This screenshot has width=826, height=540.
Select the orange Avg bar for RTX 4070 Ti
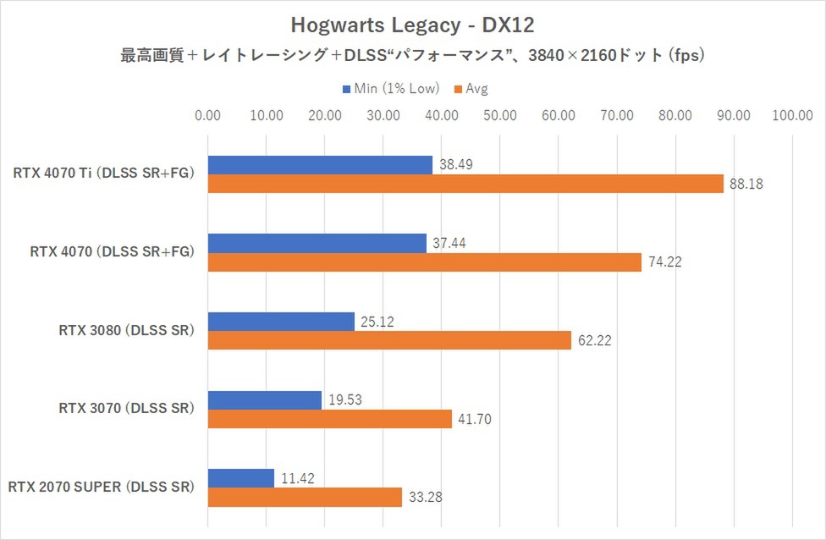pyautogui.click(x=465, y=184)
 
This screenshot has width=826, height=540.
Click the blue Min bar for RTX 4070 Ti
pyautogui.click(x=320, y=165)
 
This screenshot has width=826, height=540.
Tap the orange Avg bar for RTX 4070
pyautogui.click(x=424, y=262)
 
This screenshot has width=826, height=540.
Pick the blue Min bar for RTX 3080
pyautogui.click(x=281, y=322)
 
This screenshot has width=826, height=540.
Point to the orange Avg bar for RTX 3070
pyautogui.click(x=330, y=419)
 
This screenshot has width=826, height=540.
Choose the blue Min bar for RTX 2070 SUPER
pyautogui.click(x=241, y=478)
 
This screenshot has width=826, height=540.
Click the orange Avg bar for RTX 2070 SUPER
pyautogui.click(x=305, y=498)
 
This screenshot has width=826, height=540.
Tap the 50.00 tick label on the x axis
pyautogui.click(x=500, y=116)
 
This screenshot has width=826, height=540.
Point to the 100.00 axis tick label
pyautogui.click(x=792, y=116)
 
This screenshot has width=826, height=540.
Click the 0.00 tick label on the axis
pyautogui.click(x=208, y=116)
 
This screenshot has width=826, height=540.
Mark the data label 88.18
pyautogui.click(x=746, y=184)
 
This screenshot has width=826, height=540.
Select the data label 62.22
pyautogui.click(x=594, y=341)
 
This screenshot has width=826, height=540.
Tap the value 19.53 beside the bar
pyautogui.click(x=344, y=399)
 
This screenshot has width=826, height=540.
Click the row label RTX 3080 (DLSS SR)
pyautogui.click(x=127, y=330)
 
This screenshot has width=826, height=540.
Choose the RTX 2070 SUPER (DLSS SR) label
pyautogui.click(x=102, y=487)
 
